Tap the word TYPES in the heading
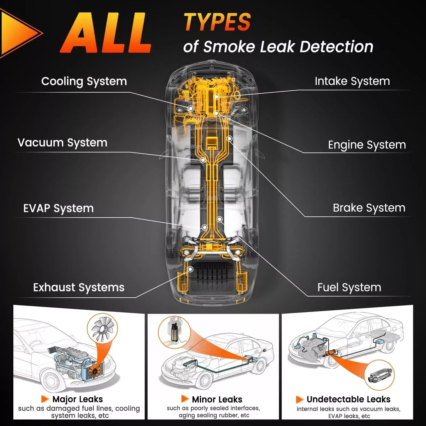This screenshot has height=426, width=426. [217, 22]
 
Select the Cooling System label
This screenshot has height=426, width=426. [84, 82]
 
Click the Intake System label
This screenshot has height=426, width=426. [352, 81]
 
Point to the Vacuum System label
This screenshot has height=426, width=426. [62, 143]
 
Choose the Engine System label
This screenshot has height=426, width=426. [367, 145]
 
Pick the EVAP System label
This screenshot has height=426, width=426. [59, 208]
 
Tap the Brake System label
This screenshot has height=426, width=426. [369, 208]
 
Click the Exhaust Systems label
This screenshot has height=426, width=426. [79, 287]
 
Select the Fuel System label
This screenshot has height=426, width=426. [349, 287]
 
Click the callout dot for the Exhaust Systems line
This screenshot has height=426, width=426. [191, 269]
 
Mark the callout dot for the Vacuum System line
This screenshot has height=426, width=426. [203, 160]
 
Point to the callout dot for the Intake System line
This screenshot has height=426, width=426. [216, 97]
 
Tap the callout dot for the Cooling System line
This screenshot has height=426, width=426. [191, 108]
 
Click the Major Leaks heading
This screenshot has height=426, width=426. [78, 399]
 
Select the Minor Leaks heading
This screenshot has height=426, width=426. [217, 399]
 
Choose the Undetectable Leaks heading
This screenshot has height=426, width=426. [348, 399]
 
